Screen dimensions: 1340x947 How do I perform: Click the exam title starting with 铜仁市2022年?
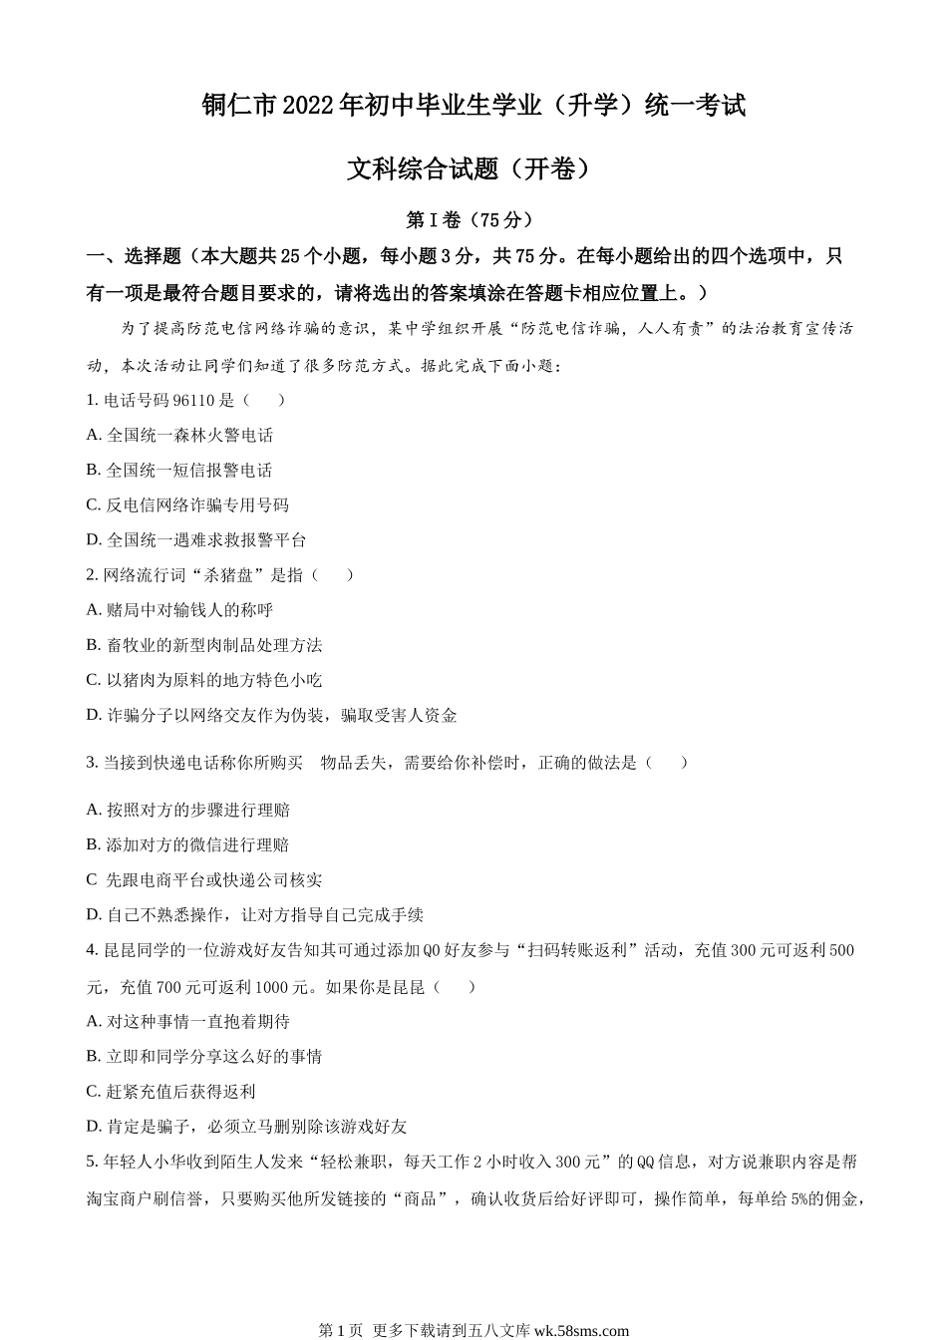click(473, 106)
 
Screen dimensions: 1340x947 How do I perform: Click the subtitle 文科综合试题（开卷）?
click(473, 169)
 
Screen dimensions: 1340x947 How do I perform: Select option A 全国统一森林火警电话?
click(180, 436)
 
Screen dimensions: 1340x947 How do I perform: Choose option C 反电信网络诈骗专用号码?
click(188, 505)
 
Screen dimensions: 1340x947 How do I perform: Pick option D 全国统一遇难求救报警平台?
click(196, 540)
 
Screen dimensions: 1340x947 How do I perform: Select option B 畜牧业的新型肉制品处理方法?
click(205, 645)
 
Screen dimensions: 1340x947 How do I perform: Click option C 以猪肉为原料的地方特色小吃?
click(205, 680)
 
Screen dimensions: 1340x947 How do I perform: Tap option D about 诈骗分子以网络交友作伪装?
click(272, 715)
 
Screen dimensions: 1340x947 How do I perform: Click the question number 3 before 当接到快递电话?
click(92, 763)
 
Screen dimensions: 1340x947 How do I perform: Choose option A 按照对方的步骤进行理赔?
click(189, 811)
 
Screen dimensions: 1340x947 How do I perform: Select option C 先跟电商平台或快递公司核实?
click(205, 880)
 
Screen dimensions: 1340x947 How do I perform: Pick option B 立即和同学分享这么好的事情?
click(205, 1057)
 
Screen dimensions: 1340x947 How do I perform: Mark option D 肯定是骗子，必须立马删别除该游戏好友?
click(247, 1127)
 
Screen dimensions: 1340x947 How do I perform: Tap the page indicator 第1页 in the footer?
click(339, 1330)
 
